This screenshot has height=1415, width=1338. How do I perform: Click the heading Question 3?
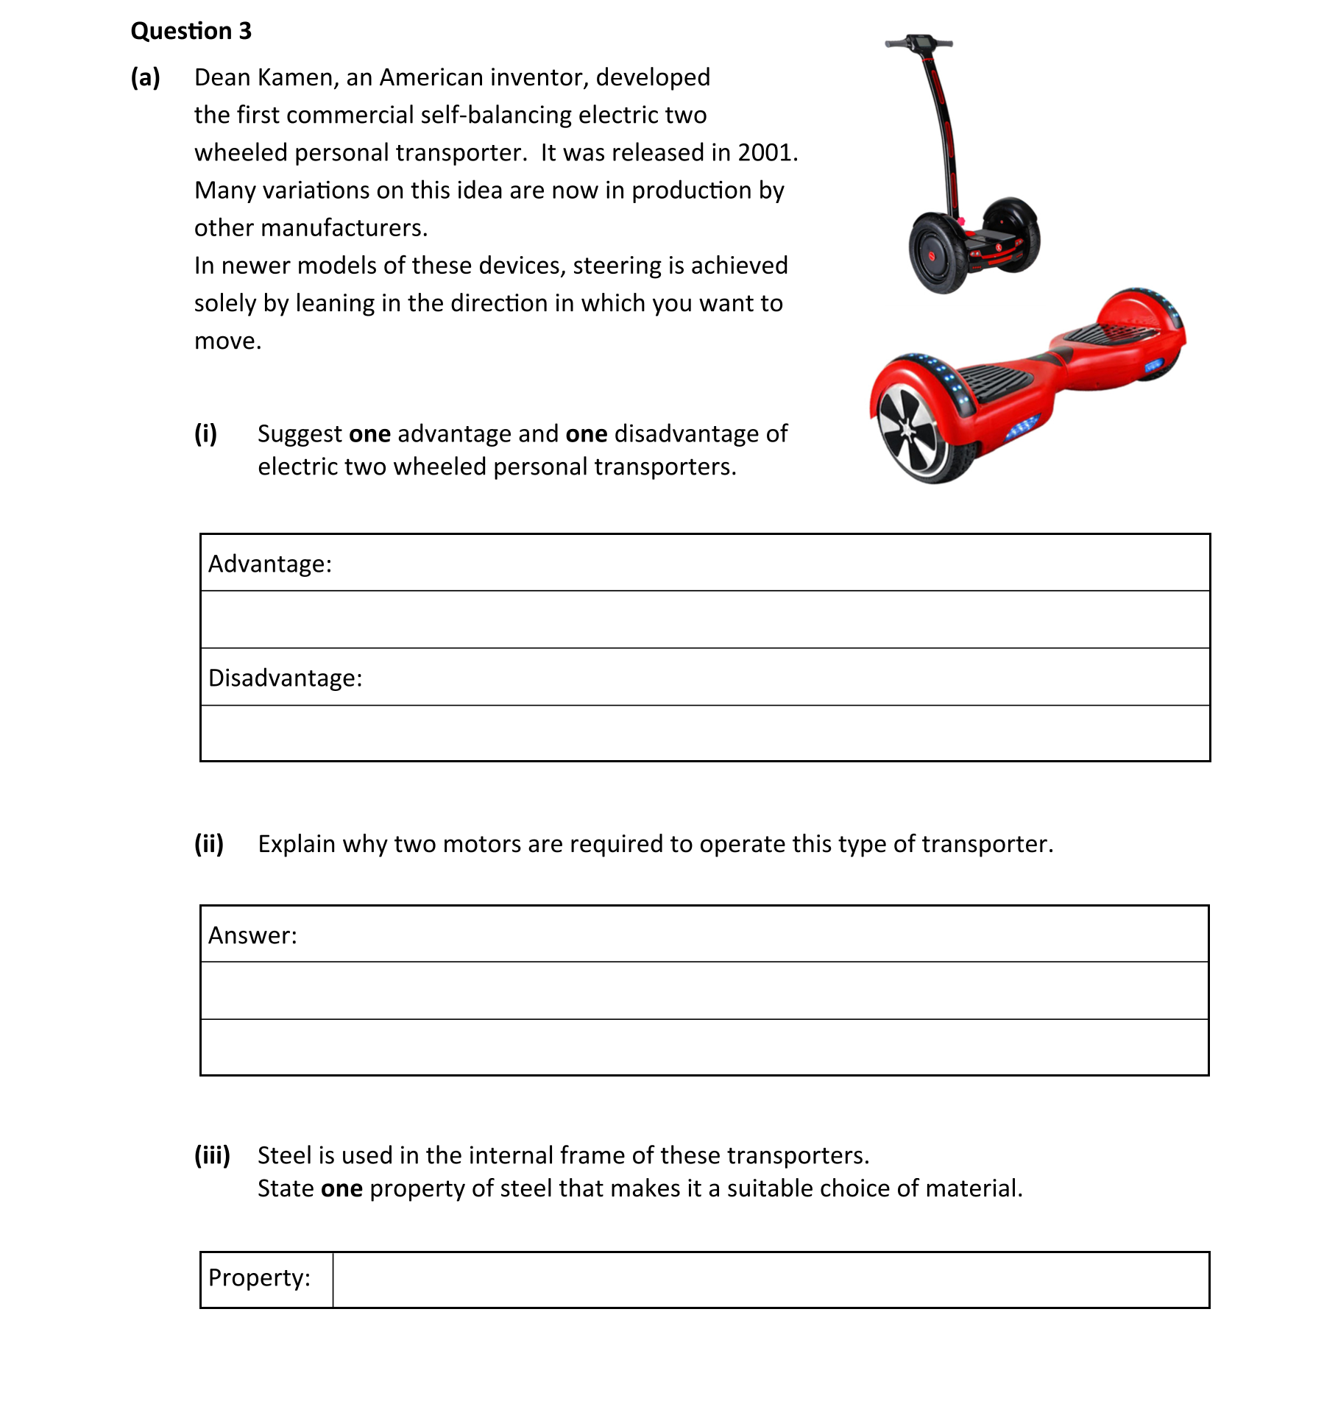point(191,31)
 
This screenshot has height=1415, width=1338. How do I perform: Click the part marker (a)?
point(145,77)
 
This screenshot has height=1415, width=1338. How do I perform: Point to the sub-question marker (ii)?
point(209,843)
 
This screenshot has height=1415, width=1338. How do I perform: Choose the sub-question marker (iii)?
point(212,1155)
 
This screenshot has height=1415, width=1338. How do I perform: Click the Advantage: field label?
point(270,564)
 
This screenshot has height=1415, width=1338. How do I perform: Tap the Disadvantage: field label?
point(286,678)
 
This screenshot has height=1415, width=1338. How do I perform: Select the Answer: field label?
point(252,935)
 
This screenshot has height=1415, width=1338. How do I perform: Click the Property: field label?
point(259,1278)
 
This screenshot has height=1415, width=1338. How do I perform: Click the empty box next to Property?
point(770,1280)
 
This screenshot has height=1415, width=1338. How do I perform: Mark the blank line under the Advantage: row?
point(704,620)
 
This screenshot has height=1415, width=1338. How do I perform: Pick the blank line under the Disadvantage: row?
point(704,734)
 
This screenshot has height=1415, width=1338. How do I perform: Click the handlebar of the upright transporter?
point(918,43)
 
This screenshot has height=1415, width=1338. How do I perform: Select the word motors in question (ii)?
point(481,843)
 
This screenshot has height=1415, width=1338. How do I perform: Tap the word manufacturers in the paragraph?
point(344,228)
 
